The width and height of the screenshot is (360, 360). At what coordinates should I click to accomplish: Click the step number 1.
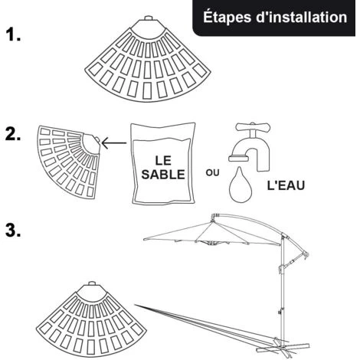(x=13, y=34)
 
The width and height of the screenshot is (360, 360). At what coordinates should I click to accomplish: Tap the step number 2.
(x=13, y=134)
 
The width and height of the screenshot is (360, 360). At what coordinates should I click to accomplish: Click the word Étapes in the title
(x=227, y=18)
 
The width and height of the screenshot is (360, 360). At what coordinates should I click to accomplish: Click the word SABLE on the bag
(x=163, y=175)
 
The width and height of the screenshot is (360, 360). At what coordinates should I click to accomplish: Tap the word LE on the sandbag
(x=163, y=160)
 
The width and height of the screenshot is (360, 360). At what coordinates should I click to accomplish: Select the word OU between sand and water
(x=212, y=173)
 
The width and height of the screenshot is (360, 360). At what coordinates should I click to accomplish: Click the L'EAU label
(x=286, y=185)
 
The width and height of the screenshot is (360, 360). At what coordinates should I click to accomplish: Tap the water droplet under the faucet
(x=241, y=185)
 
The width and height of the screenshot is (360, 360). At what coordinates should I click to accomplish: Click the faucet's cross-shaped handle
(x=253, y=127)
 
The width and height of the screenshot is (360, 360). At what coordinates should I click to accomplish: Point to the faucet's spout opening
(x=239, y=159)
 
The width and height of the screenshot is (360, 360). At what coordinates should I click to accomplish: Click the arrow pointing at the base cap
(x=114, y=143)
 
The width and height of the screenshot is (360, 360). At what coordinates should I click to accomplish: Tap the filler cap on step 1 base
(x=148, y=18)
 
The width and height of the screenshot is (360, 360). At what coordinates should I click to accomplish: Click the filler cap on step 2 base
(x=97, y=140)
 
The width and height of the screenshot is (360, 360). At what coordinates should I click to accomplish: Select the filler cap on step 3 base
(x=92, y=283)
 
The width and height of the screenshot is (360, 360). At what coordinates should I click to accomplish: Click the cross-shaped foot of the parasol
(x=282, y=348)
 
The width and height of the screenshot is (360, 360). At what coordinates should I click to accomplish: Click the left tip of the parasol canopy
(x=144, y=240)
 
